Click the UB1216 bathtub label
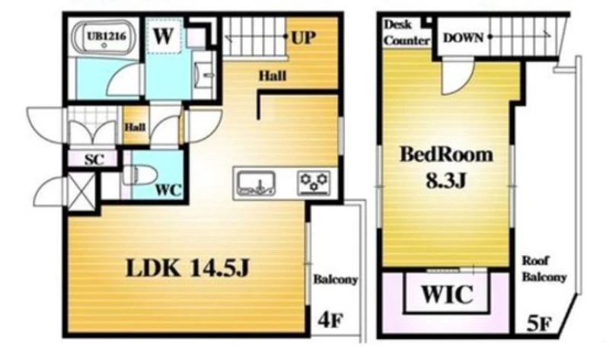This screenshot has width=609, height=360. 106,36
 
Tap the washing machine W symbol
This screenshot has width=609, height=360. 163,36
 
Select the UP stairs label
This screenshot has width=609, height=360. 304,37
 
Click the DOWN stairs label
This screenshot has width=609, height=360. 464,37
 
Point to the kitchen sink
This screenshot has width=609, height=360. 257,183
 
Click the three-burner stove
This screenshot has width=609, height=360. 314,183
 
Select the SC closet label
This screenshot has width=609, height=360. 94,159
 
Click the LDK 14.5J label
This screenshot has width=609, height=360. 187,268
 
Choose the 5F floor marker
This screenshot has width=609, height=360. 539,324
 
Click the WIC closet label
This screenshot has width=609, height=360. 447,294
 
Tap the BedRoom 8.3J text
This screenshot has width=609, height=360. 446,167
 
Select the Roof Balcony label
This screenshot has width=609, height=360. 544,269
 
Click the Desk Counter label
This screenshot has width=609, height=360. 407,33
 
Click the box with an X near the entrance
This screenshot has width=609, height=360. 81,192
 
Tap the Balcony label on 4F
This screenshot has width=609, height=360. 336,279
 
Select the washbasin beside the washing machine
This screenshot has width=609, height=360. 204,75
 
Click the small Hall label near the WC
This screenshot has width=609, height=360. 136,127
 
